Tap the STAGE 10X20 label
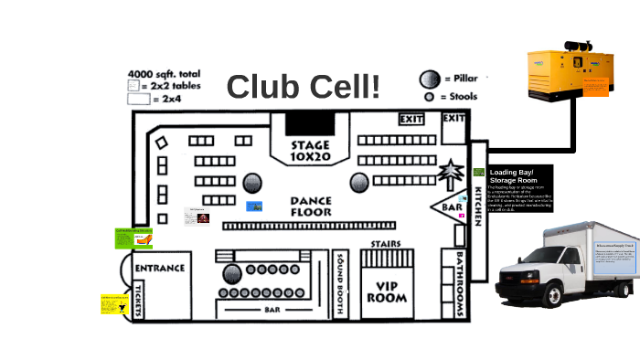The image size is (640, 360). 310,152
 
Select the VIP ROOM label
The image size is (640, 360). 386,291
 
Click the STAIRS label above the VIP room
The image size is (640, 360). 386,244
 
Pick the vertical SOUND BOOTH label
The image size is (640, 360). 340,283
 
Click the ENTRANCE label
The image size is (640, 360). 160,269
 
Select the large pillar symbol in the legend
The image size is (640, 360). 429,79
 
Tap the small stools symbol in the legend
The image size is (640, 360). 428,96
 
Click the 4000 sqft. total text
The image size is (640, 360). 165,73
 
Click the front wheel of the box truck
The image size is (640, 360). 555,294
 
